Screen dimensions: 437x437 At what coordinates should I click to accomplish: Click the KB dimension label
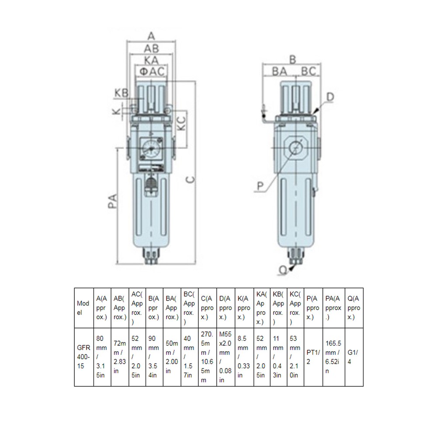point(121,93)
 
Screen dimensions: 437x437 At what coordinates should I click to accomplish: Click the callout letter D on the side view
point(330,96)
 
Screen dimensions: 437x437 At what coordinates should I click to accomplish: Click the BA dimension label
point(280,71)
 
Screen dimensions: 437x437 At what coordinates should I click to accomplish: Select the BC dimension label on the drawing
point(309,71)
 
